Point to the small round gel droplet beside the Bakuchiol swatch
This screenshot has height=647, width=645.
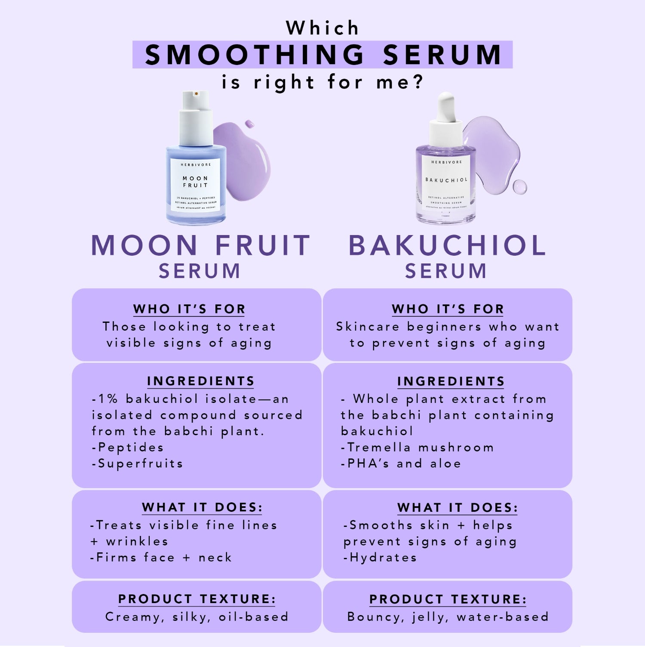pos(519,186)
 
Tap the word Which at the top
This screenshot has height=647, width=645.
pos(322,28)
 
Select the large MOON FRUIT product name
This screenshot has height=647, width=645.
pos(201,245)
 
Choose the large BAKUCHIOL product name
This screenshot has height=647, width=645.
pos(447,245)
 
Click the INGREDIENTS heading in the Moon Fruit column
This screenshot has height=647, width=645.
pos(201,381)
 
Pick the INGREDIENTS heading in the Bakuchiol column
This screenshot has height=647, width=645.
pos(451,381)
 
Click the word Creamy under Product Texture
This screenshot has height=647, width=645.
pos(132,617)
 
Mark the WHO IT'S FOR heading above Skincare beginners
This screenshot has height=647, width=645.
pos(448,309)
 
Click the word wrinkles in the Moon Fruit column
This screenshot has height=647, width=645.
pos(137,542)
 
